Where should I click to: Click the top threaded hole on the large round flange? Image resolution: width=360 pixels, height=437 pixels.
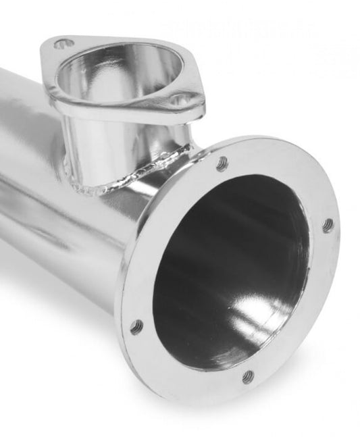[222, 162]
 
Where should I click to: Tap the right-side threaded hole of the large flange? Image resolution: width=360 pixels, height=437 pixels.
[328, 225]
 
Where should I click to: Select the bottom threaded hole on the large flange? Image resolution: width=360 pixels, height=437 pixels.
[248, 375]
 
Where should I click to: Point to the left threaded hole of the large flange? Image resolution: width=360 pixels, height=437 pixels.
[136, 328]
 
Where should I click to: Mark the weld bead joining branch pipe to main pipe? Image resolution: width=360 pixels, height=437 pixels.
[128, 177]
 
